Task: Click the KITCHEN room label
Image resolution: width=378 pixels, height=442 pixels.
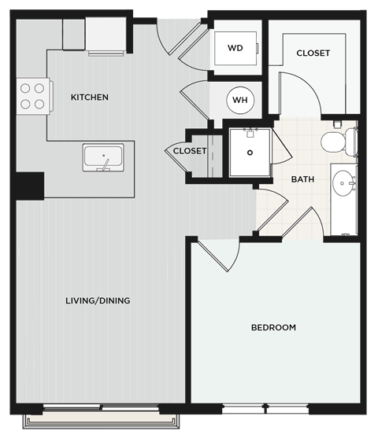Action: coord(90,98)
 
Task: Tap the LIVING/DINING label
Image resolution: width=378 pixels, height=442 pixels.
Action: coord(98,300)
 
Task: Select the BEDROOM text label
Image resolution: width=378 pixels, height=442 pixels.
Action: coord(273,327)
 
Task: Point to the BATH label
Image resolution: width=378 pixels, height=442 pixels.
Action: coord(303,179)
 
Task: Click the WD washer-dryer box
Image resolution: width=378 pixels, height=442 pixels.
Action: coord(235,49)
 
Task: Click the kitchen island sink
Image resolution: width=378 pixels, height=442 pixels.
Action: coord(103,157)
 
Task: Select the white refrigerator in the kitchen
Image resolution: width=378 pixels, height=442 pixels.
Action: coord(106,36)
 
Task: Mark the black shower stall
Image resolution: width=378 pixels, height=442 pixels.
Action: coord(250,151)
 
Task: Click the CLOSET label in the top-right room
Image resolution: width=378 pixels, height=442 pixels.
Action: coord(313,53)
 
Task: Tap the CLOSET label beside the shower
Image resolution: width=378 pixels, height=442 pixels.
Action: coord(190,150)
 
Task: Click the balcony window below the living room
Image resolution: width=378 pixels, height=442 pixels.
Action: coord(99,418)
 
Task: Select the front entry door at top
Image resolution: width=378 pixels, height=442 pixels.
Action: coord(173,39)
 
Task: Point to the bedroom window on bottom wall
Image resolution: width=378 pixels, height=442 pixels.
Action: coord(265,410)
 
